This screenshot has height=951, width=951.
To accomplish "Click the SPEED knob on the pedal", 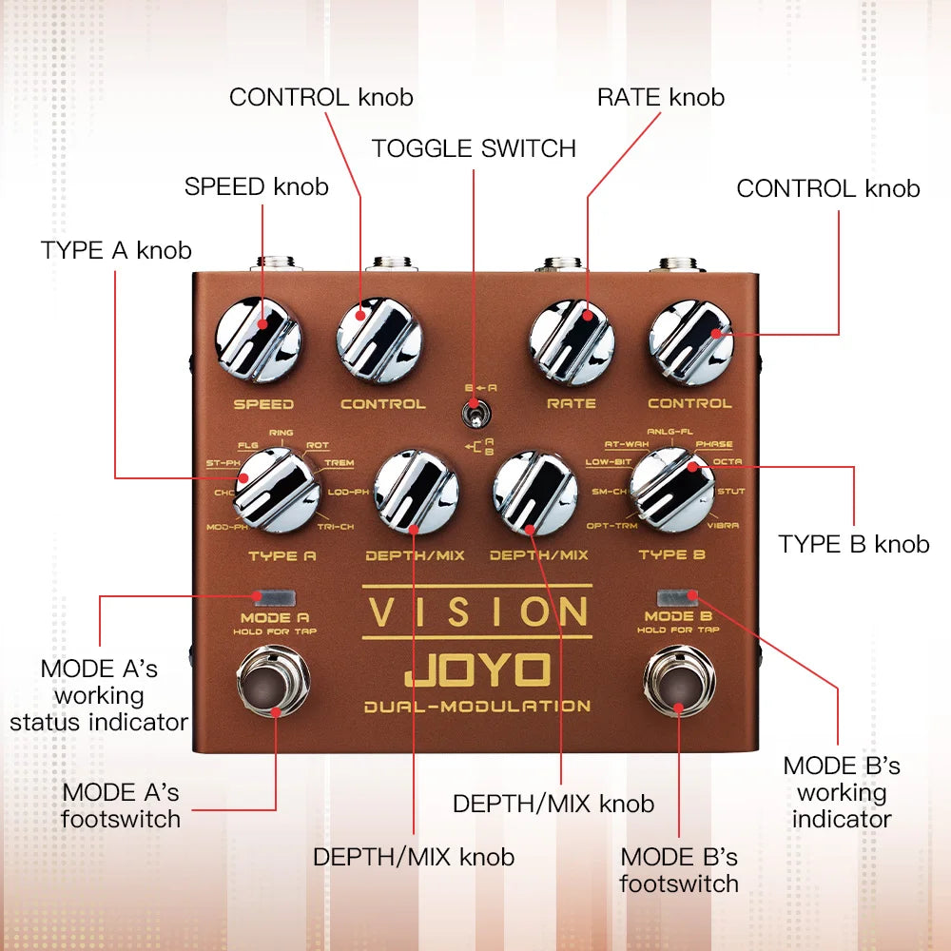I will coord(258,340).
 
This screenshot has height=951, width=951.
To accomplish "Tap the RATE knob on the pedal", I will coord(572,340).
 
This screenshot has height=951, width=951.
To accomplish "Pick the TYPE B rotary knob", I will coord(672,491).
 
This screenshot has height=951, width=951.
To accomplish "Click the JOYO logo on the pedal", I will coord(477,671).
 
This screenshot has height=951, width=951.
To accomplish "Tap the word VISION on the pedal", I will coord(477,611).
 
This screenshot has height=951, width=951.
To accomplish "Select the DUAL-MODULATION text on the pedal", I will coord(477,706).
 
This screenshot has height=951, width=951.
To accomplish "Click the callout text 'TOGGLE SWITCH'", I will coord(474,149).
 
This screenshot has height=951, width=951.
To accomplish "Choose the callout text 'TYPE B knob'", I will coord(853,544).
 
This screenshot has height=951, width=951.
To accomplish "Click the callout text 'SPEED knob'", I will coord(257,186).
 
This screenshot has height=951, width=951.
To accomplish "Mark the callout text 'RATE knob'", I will coord(660,97).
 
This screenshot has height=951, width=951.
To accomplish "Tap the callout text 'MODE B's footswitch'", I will coord(679,869).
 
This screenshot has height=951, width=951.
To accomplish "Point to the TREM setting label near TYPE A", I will coord(339,463).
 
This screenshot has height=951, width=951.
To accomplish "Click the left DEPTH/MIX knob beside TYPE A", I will coord(416,491).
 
